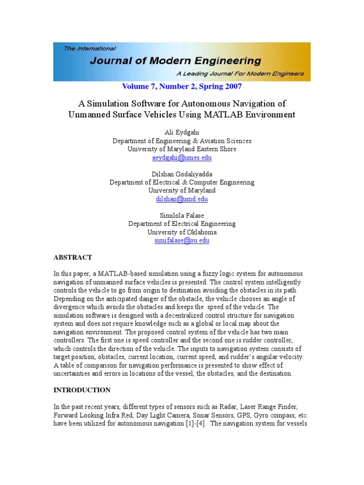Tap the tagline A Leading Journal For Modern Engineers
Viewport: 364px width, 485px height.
click(240, 74)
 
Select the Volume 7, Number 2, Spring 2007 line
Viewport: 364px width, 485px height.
click(182, 87)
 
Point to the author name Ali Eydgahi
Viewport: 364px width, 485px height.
click(182, 133)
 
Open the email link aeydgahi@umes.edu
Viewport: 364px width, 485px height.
click(182, 157)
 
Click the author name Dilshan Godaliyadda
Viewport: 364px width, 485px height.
click(182, 174)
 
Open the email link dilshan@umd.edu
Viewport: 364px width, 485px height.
click(182, 199)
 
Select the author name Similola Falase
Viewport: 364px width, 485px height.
click(182, 216)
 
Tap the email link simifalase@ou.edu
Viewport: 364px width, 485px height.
click(182, 241)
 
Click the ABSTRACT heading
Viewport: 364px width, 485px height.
click(73, 258)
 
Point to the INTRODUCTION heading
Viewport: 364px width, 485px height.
click(82, 390)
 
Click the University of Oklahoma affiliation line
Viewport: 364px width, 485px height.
click(182, 232)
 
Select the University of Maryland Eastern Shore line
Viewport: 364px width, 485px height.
click(182, 149)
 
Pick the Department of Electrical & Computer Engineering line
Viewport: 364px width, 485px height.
click(182, 182)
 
